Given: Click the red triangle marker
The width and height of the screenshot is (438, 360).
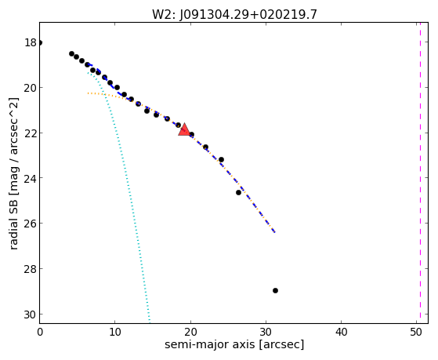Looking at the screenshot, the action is pyautogui.click(x=184, y=129).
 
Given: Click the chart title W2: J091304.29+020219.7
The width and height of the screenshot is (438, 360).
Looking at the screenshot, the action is pyautogui.click(x=234, y=15).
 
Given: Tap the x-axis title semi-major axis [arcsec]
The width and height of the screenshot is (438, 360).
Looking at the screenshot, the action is pyautogui.click(x=234, y=344).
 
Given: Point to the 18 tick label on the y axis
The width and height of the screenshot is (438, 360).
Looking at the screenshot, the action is pyautogui.click(x=31, y=43).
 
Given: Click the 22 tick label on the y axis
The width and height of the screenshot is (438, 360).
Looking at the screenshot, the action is pyautogui.click(x=31, y=133).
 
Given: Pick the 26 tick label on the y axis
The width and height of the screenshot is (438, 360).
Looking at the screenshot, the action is pyautogui.click(x=31, y=224).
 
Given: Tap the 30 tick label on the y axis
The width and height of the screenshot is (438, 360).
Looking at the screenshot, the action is pyautogui.click(x=31, y=315).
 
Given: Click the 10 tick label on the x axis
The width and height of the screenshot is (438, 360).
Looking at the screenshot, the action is pyautogui.click(x=115, y=332).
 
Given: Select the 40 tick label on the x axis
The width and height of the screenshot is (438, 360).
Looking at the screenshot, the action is pyautogui.click(x=341, y=332).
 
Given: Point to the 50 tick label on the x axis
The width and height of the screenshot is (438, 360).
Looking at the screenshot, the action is pyautogui.click(x=416, y=332).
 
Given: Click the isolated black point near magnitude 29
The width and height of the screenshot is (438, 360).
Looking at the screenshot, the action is pyautogui.click(x=275, y=291).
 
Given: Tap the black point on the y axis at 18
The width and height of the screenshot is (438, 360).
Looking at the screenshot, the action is pyautogui.click(x=40, y=43).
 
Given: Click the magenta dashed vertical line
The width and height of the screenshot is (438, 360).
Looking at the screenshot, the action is pyautogui.click(x=420, y=173).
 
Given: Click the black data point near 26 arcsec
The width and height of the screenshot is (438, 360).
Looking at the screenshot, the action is pyautogui.click(x=238, y=192).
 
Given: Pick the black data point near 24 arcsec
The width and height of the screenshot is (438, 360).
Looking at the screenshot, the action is pyautogui.click(x=221, y=160).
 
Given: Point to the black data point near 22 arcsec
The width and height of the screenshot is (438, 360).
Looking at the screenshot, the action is pyautogui.click(x=205, y=147).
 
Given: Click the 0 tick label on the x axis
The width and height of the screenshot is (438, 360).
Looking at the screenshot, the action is pyautogui.click(x=40, y=332).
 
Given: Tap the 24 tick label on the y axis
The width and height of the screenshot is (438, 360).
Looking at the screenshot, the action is pyautogui.click(x=31, y=178).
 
